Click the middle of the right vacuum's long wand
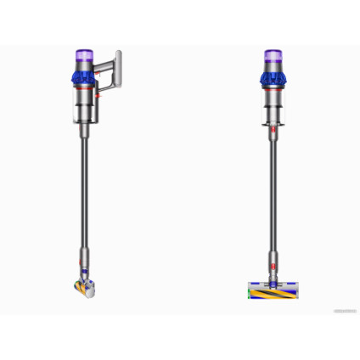point(273,195)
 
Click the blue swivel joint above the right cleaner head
point(273,273)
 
